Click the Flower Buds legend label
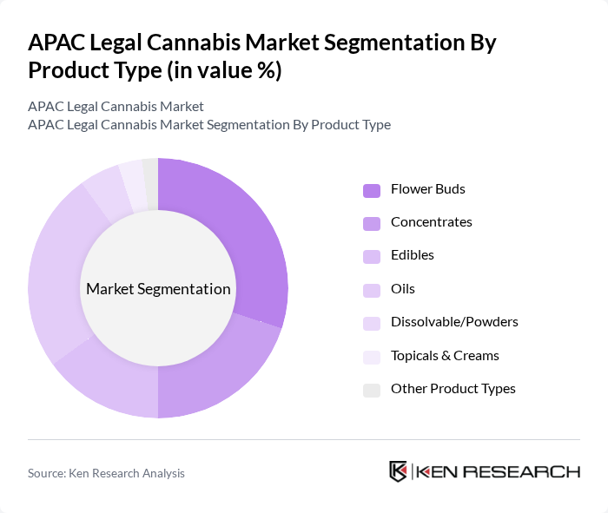(428, 189)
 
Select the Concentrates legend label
(431, 222)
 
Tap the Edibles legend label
(412, 255)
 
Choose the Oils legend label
(403, 289)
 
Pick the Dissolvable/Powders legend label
(453, 322)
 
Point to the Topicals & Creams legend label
(445, 356)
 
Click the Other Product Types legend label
(453, 389)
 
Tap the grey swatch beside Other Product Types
(372, 390)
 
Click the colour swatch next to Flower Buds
(372, 190)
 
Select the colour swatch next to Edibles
(372, 256)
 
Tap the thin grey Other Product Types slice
(151, 184)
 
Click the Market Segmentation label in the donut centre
(158, 289)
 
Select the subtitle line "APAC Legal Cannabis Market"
(116, 107)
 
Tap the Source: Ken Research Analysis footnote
(106, 473)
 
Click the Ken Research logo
(484, 471)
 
